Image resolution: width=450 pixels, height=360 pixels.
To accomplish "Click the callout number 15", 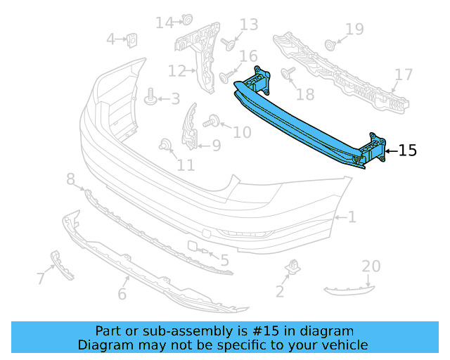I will [x=408, y=150].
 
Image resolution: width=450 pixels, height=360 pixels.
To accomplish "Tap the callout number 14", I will [x=165, y=23].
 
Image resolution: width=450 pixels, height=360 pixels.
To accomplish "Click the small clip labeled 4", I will [x=131, y=41].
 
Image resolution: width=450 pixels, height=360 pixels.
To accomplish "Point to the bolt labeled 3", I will [x=149, y=98].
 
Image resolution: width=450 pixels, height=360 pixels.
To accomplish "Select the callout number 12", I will [x=176, y=70].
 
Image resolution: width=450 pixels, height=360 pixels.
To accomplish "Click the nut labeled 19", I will [x=329, y=45].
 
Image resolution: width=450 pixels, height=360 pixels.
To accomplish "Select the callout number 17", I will [x=404, y=75].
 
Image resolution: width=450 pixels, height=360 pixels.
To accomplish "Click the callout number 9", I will [x=215, y=146].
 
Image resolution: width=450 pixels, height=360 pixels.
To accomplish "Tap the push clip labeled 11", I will [x=166, y=145].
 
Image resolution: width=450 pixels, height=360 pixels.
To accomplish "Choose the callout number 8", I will [x=70, y=181].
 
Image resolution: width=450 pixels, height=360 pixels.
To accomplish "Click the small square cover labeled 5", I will [x=192, y=246].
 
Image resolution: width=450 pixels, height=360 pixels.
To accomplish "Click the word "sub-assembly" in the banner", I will [x=167, y=330].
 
